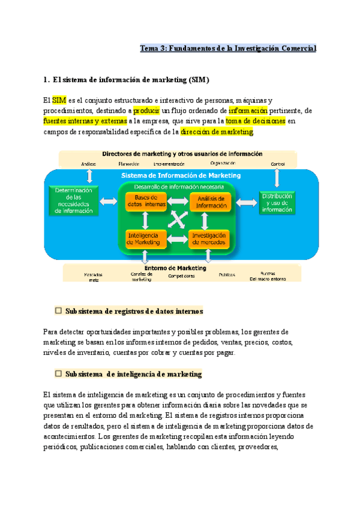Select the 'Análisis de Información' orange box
209,202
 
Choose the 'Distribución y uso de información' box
277,202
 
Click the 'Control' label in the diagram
278,164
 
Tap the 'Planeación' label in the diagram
129,164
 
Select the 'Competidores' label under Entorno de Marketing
181,276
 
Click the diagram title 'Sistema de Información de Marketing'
181,175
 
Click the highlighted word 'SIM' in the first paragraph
59,100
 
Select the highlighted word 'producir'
145,110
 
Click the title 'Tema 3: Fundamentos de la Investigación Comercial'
228,48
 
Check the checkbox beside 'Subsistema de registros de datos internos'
59,311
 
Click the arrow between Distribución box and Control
277,178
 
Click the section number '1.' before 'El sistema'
47,79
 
